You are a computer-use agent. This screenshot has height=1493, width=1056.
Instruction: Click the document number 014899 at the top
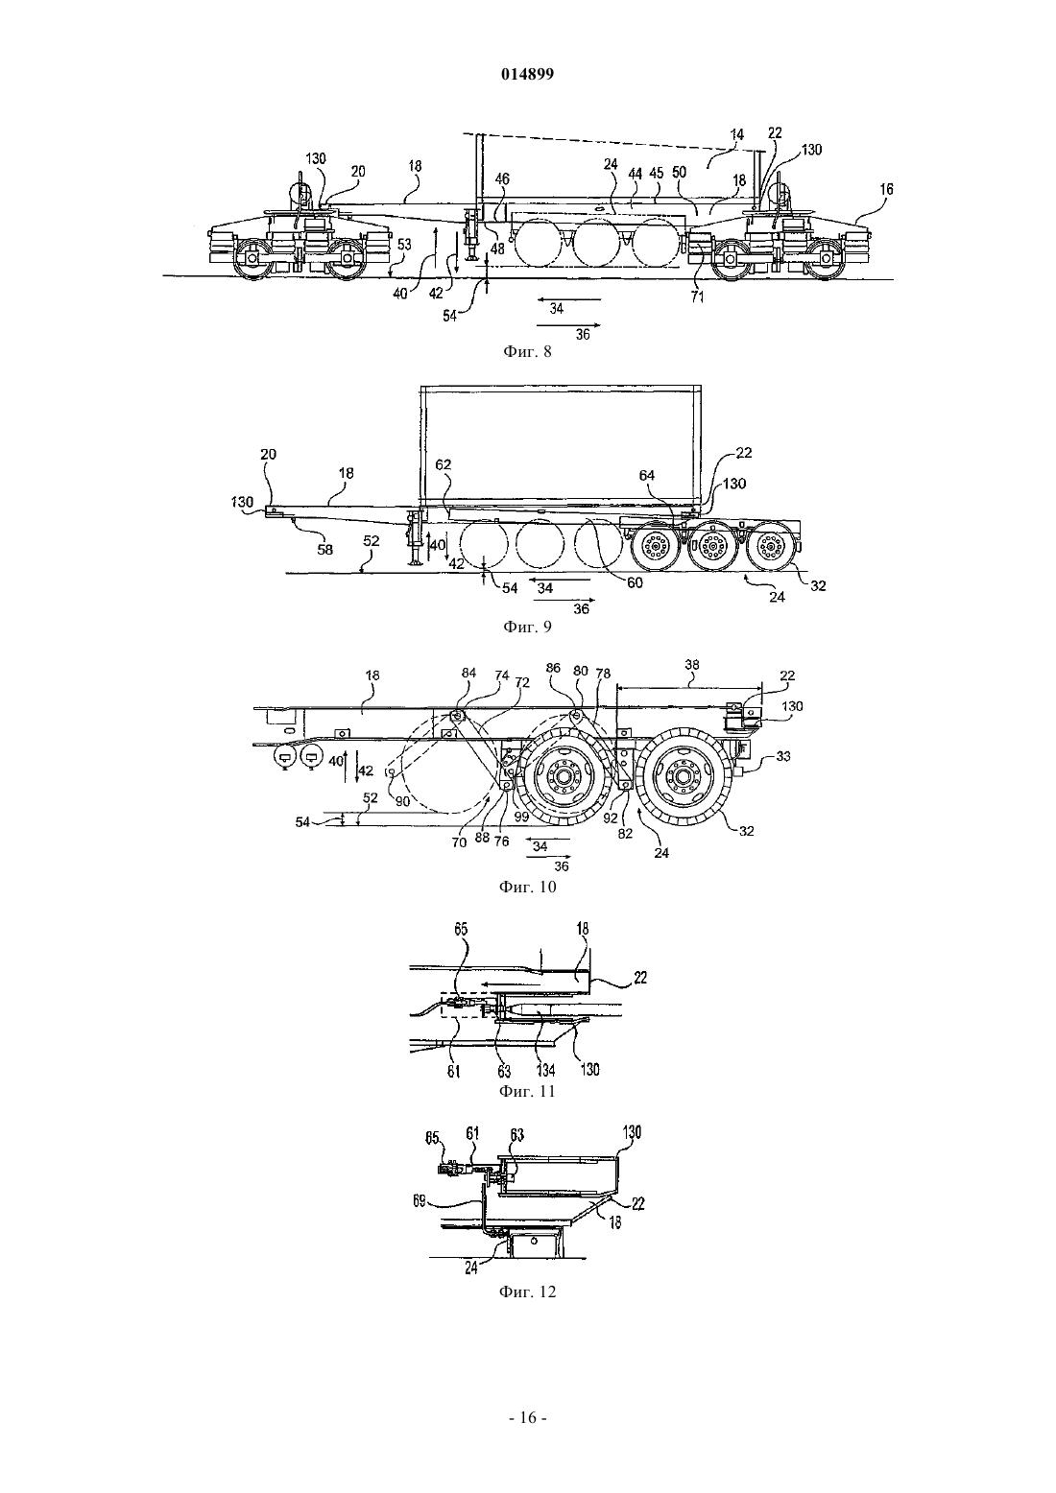[x=527, y=74]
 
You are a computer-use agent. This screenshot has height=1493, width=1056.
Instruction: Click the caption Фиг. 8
[x=527, y=351]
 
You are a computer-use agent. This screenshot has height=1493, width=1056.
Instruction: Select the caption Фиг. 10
[x=527, y=887]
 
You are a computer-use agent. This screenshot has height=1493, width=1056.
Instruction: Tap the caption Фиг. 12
[x=527, y=1292]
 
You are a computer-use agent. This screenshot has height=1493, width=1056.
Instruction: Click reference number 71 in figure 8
[x=697, y=297]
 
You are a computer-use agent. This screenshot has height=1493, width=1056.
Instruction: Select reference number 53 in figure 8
[x=405, y=245]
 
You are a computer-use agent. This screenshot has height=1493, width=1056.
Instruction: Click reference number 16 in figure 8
[x=886, y=189]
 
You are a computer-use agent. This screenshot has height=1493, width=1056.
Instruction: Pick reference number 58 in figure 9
[x=324, y=550]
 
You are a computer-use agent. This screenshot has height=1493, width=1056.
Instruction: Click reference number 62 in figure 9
[x=444, y=464]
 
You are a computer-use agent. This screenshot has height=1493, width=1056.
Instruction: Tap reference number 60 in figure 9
[x=635, y=582]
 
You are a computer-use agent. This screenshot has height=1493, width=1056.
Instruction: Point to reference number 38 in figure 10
[x=692, y=664]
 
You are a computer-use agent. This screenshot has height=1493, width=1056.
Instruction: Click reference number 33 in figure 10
[x=783, y=756]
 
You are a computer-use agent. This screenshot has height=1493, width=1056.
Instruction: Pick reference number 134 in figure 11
[x=545, y=1071]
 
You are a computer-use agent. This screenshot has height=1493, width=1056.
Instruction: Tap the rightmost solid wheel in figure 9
[x=771, y=548]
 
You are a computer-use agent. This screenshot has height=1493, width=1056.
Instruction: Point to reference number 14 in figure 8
[x=736, y=134]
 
